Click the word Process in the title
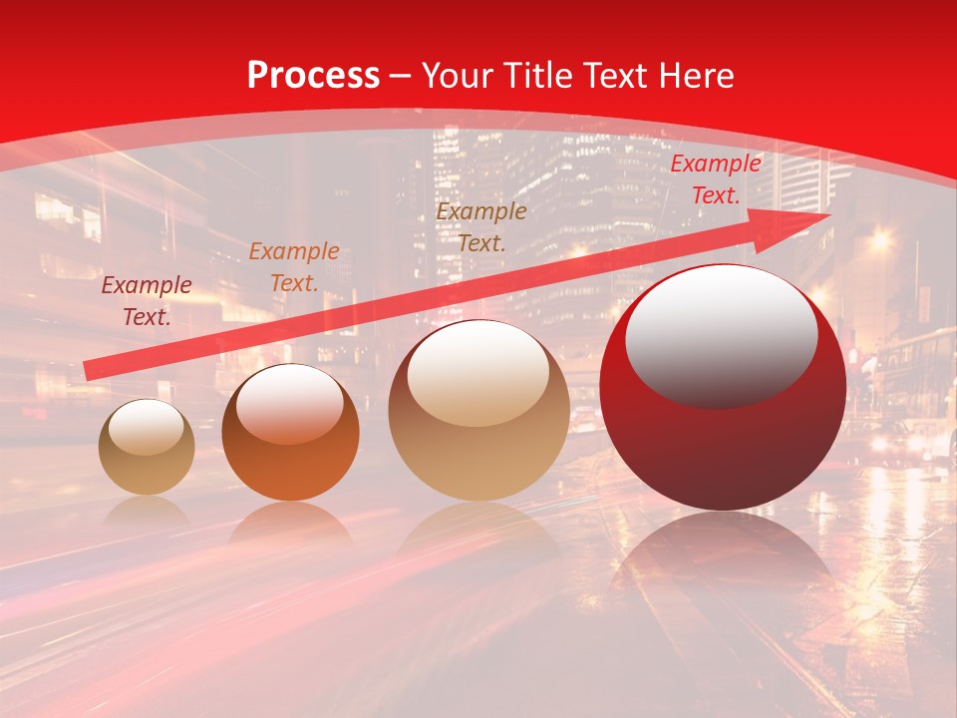[x=313, y=76]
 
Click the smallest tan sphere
[x=147, y=448]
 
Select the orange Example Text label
[x=293, y=267]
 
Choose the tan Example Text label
[x=481, y=227]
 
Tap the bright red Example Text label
[x=715, y=179]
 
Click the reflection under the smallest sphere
[x=147, y=511]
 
